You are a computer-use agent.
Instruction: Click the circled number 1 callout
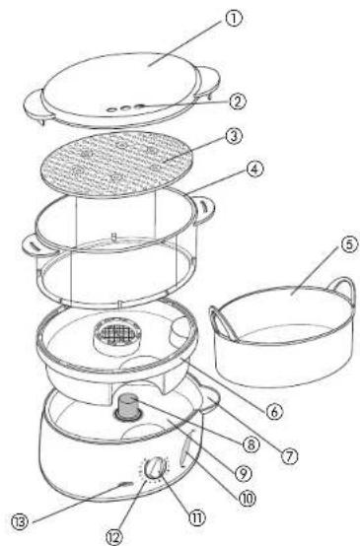click(234, 18)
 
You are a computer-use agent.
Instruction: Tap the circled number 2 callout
click(238, 102)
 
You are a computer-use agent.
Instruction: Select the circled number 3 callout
click(234, 136)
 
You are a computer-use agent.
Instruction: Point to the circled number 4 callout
click(255, 170)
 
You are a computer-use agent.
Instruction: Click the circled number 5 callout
click(349, 244)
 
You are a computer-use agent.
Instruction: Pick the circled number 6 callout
click(275, 412)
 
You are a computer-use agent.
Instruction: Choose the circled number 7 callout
click(290, 455)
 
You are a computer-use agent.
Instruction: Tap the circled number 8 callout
click(252, 444)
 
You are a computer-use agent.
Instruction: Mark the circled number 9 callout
click(243, 472)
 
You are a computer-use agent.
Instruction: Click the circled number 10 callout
click(247, 499)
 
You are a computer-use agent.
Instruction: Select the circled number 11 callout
click(197, 517)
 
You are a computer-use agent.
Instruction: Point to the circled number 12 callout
click(114, 536)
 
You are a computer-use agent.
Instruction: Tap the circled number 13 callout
click(20, 522)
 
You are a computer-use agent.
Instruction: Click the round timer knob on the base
click(154, 468)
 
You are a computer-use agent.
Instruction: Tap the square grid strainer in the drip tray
click(117, 335)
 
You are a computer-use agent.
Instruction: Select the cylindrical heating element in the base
click(129, 406)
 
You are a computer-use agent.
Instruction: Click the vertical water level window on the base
click(186, 447)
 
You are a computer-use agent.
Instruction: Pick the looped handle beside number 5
click(343, 288)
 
